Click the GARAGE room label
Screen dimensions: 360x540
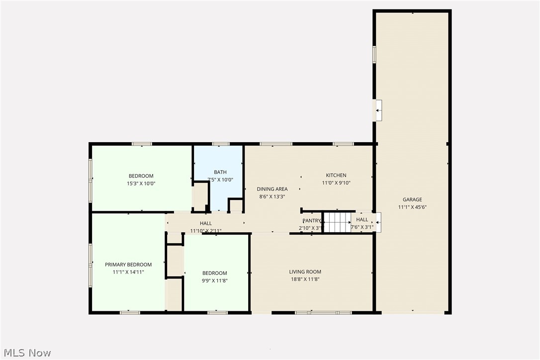pos(412,199)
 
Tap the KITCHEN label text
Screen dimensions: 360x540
pos(336,175)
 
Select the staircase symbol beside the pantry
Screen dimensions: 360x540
pos(337,222)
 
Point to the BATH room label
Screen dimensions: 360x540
pos(220,172)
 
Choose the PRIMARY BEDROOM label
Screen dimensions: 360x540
pos(128,265)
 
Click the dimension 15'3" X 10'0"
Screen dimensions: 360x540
pos(141,183)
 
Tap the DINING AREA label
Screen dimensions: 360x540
pos(272,189)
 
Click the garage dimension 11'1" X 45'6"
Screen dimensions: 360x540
pos(412,207)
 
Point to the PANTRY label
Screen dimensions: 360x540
pos(312,220)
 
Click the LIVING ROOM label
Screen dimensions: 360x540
pos(305,271)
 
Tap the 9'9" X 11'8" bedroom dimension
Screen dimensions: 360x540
pos(215,280)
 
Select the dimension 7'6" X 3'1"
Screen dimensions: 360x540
pos(362,227)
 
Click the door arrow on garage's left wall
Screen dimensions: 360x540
pos(378,110)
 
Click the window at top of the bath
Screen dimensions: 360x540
pos(218,144)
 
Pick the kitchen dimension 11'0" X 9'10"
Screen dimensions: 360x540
pos(336,182)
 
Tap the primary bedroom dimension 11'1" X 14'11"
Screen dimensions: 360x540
pos(128,272)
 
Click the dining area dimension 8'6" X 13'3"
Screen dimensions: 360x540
pos(272,196)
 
